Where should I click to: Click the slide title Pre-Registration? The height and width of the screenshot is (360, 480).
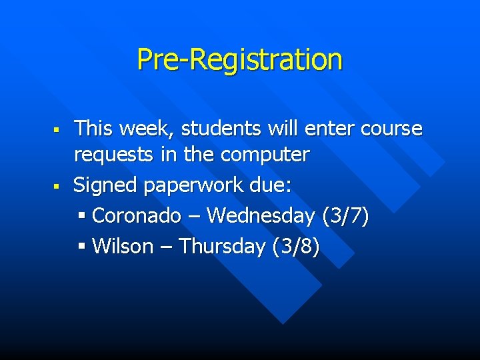click(239, 59)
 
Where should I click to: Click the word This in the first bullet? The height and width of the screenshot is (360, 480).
click(93, 128)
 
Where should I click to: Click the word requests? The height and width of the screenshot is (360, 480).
click(114, 155)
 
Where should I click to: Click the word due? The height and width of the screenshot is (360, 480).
click(269, 185)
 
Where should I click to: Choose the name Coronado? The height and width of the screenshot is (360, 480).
click(137, 216)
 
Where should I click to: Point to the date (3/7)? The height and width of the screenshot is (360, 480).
click(345, 216)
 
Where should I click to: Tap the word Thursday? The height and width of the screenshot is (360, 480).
click(222, 247)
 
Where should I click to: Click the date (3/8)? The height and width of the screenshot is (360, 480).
click(296, 247)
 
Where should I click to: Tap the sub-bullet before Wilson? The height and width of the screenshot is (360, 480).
click(83, 247)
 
